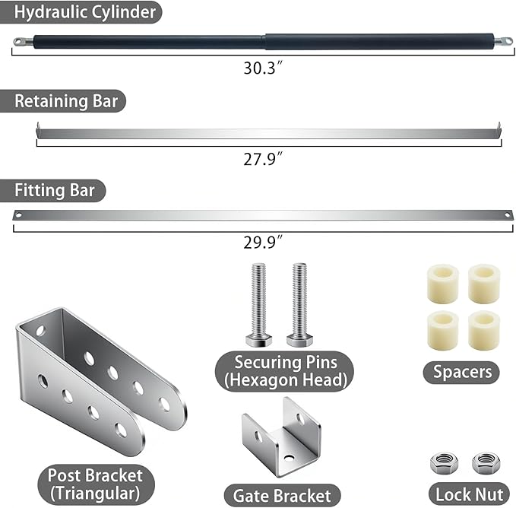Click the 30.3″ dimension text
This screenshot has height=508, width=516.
coord(263,68)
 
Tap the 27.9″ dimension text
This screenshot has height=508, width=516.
coord(263,159)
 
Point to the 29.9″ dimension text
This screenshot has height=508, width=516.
coord(263,243)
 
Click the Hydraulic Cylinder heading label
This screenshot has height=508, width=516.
coord(84,12)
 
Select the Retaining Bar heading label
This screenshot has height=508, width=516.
coord(66,100)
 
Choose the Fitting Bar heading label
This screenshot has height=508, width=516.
coord(55,190)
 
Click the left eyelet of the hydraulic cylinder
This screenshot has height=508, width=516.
coord(20,42)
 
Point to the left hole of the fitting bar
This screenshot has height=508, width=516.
coord(18,215)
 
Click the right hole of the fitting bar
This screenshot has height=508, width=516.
coord(507,215)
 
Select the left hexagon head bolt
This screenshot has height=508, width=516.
coord(258,304)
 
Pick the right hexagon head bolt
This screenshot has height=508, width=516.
coord(299,304)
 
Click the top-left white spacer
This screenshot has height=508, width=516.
coord(442,283)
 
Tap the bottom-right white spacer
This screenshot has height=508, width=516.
coord(484,331)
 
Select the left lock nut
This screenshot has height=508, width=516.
coord(444,463)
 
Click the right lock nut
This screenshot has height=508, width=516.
coord(486,463)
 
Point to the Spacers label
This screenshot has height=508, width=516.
coord(462,372)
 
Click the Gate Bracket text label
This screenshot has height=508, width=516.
coord(282,496)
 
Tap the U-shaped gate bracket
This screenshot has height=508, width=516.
coord(282,438)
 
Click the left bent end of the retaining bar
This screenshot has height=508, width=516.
coord(38,130)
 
